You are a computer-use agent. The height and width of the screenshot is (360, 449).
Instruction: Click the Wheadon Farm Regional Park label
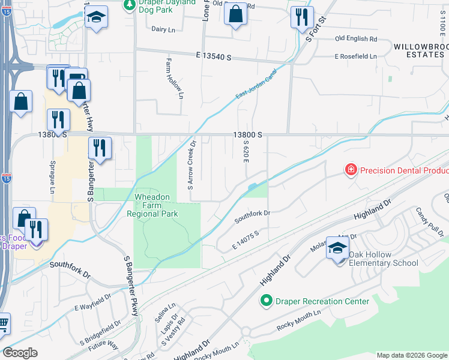(x=156, y=205)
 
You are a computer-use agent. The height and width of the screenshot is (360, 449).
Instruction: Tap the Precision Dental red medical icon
(x=350, y=170)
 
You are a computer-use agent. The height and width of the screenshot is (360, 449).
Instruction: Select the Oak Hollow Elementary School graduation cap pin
(x=338, y=248)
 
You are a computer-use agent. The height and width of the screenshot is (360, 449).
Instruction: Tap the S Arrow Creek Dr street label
(x=192, y=164)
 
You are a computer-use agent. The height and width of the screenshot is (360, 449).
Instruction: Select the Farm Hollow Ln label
(x=174, y=78)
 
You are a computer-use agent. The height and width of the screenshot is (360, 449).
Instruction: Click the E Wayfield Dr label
(x=92, y=302)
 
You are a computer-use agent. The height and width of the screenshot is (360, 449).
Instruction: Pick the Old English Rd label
(x=355, y=39)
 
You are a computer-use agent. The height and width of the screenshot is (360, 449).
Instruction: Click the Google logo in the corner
(x=20, y=353)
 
